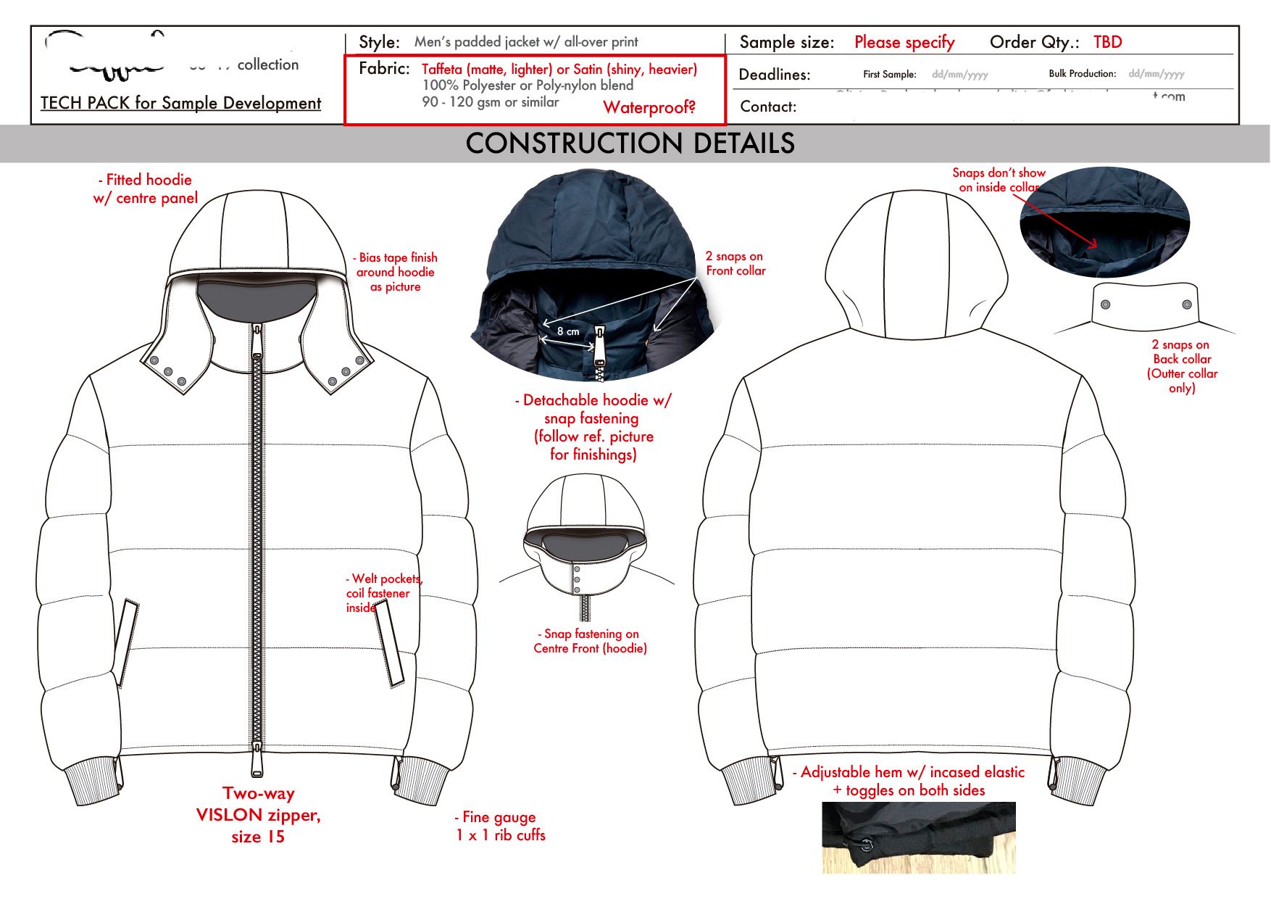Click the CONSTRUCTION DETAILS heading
tap(630, 144)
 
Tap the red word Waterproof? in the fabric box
tap(649, 107)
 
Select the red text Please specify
tap(904, 42)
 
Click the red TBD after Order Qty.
tap(1107, 42)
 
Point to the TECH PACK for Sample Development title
tap(180, 103)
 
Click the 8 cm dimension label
tap(568, 331)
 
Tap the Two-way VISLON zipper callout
tap(258, 815)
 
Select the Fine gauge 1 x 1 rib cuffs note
tap(500, 826)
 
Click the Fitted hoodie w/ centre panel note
tap(146, 188)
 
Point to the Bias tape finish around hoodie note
tap(396, 272)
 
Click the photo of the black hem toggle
tap(918, 837)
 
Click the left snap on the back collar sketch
tap(1105, 304)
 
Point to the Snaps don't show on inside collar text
tap(998, 180)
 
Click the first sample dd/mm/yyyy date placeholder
tap(959, 74)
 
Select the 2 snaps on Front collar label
tap(735, 263)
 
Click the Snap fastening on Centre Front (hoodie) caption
tap(590, 641)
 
